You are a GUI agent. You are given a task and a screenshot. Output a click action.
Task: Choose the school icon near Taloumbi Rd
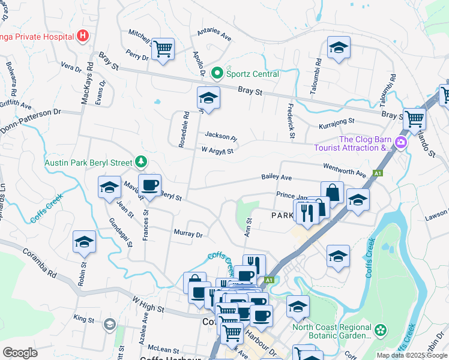[x=339, y=48]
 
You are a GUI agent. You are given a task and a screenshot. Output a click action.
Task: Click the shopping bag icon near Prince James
[x=332, y=193]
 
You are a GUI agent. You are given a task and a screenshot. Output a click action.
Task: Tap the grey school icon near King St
[x=109, y=325]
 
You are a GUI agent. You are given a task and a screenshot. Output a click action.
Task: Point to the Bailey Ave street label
[x=276, y=177]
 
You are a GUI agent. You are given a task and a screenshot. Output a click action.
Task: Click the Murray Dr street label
[x=188, y=234]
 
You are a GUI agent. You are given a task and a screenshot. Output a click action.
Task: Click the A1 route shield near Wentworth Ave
[x=378, y=173]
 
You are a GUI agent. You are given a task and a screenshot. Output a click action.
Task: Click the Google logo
[x=20, y=353]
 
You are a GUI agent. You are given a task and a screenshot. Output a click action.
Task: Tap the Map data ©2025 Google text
[x=411, y=355]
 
